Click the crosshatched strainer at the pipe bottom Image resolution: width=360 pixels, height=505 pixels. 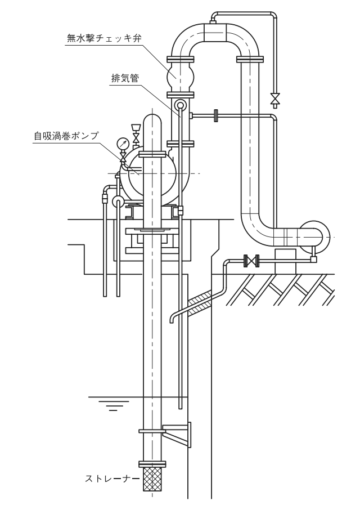(x=155, y=477)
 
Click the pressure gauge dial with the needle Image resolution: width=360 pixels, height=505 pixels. (x=123, y=144)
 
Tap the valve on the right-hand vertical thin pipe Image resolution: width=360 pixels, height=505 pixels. (x=275, y=99)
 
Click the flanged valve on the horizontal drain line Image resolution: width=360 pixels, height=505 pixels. (x=250, y=261)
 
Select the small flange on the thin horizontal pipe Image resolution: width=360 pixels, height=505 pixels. (x=215, y=116)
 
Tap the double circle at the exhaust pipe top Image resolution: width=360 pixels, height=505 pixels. (x=180, y=105)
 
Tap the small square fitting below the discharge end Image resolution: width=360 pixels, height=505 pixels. (x=313, y=260)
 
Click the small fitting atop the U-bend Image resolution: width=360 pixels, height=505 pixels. (x=214, y=21)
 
